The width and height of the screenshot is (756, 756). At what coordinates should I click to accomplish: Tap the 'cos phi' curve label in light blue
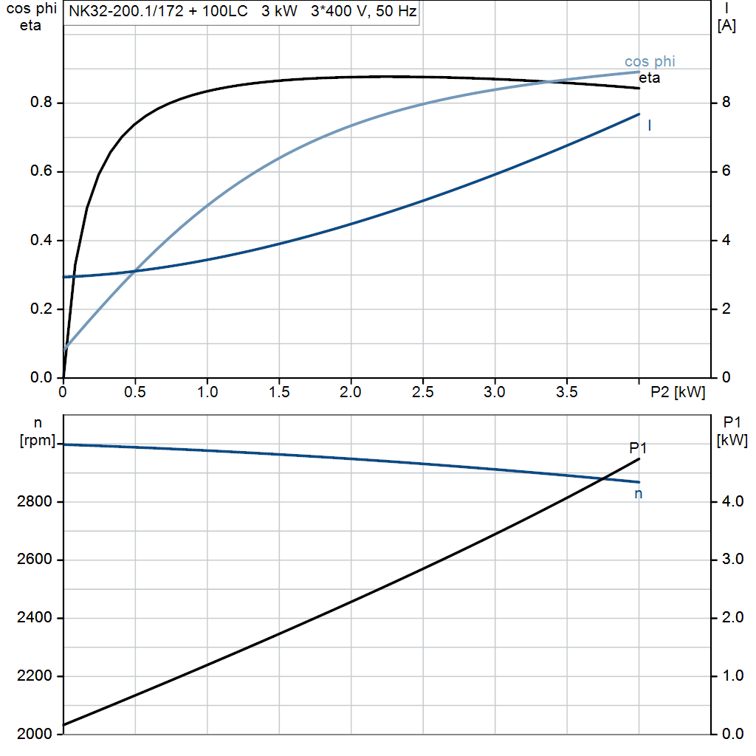650,62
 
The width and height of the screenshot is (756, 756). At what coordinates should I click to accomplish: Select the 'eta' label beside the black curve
650,78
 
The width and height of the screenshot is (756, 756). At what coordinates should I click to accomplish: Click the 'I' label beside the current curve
649,126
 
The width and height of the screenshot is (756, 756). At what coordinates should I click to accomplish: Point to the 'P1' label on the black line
638,448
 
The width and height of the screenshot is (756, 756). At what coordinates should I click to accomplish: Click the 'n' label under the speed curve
639,494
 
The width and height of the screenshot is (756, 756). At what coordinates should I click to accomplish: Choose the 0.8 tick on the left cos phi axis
41,103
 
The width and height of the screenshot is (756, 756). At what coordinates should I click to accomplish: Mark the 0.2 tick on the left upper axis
41,309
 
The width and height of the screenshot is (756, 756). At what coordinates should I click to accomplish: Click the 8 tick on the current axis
726,103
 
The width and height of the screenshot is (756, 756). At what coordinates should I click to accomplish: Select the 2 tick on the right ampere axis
726,309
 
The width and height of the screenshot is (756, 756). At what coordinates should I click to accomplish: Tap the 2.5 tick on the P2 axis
422,393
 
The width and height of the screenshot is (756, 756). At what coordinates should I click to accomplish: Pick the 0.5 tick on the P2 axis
135,393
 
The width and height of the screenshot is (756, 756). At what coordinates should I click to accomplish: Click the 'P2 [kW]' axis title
677,393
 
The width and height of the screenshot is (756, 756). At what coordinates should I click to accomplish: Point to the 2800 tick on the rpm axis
34,502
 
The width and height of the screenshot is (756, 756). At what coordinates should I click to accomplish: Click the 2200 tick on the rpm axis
34,676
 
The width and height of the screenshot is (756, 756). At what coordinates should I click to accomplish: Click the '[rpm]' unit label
36,441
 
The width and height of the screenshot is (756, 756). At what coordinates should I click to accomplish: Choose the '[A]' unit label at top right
726,26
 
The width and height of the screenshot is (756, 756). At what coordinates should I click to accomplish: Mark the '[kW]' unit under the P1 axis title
732,441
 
